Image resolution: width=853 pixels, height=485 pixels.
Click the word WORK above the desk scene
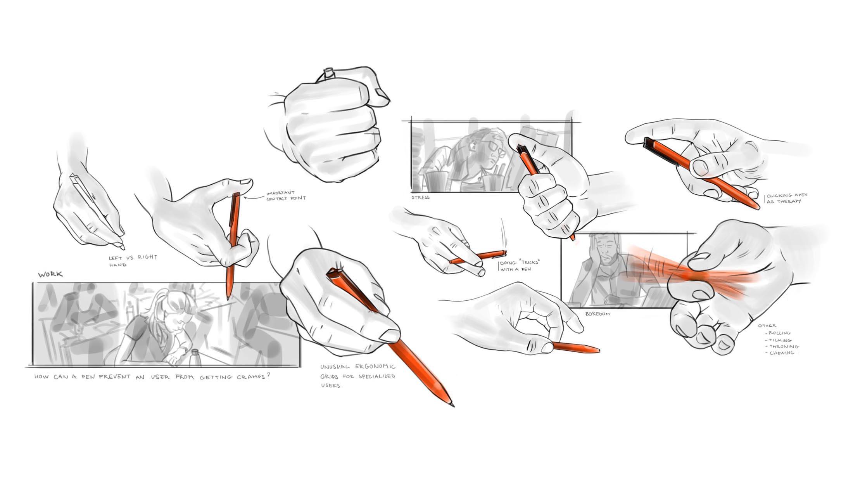[x=50, y=275]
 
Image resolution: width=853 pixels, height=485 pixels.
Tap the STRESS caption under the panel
[x=420, y=197]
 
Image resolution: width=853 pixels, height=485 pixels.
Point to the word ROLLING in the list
[x=779, y=333]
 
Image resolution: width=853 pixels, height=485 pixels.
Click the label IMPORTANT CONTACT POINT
[x=286, y=195]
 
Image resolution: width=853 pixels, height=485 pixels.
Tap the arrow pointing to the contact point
[x=253, y=197]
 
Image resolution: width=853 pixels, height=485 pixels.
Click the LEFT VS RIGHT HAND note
[x=133, y=261]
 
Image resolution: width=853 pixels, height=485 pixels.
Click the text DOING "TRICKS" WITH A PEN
[x=520, y=265]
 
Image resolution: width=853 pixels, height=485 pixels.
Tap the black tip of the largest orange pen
[x=452, y=405]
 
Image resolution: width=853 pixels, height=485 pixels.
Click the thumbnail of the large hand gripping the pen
[x=389, y=334]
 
